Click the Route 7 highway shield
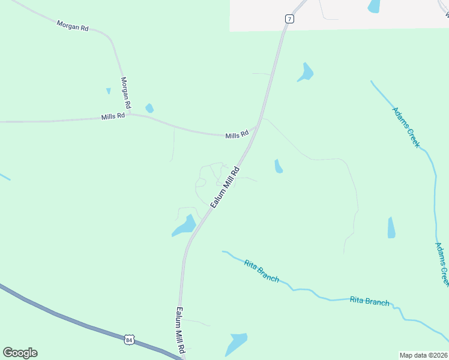(289, 19)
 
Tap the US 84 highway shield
(129, 340)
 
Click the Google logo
(20, 353)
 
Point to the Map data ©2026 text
(423, 355)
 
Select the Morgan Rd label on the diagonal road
(72, 26)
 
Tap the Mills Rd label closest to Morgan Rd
(113, 116)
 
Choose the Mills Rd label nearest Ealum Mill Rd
(237, 136)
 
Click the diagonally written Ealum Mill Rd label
(225, 188)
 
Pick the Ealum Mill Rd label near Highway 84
(180, 329)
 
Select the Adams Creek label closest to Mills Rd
(406, 127)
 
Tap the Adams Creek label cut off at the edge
(442, 264)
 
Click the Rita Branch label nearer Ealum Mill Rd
(261, 270)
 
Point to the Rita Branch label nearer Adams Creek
(369, 302)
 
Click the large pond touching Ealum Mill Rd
(185, 226)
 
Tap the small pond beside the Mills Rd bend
(149, 109)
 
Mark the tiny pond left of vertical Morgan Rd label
(108, 91)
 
